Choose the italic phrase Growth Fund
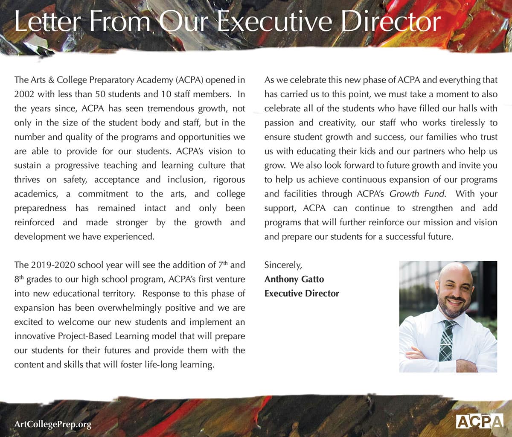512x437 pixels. click(417, 194)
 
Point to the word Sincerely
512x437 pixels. click(283, 265)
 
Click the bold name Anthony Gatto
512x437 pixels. click(294, 279)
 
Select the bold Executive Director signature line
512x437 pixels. click(302, 294)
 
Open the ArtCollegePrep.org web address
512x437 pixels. click(53, 424)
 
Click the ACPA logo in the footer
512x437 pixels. click(480, 421)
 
